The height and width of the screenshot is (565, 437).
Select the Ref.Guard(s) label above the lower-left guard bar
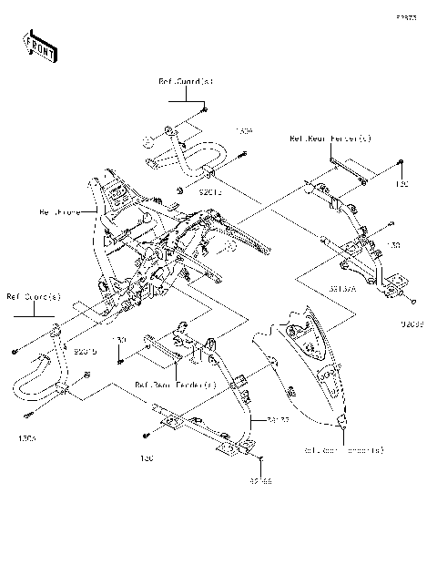click(x=34, y=295)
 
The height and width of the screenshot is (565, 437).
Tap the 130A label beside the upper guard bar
click(x=243, y=131)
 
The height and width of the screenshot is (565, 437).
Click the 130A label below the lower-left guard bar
click(x=26, y=437)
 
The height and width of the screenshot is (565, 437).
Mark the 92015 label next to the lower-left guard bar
click(x=86, y=350)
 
